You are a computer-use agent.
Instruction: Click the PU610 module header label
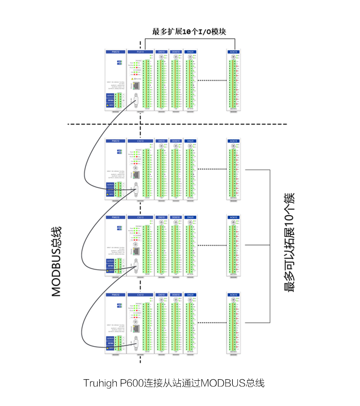point(140,52)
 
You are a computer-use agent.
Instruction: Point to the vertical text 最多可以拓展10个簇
point(289,242)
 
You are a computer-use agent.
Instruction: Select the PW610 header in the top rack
point(116,52)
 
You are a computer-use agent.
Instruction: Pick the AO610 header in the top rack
point(234,52)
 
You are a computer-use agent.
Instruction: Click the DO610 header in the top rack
point(176,52)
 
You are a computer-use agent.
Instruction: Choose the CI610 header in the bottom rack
point(140,295)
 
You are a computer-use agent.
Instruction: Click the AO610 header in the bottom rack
point(234,295)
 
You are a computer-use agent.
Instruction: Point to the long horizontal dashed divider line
point(176,124)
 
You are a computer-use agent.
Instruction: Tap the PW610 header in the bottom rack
point(116,295)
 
